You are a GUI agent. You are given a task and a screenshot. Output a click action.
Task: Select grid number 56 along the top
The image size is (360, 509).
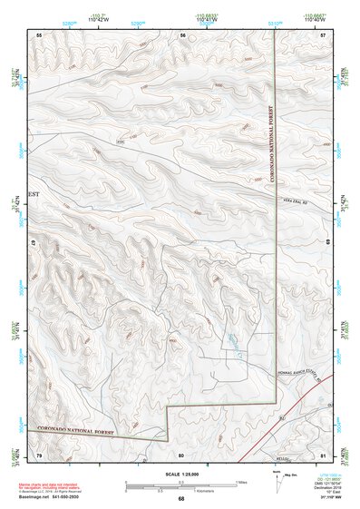tap(182, 34)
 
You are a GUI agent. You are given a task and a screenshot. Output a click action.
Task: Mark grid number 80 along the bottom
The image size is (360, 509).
tap(182, 454)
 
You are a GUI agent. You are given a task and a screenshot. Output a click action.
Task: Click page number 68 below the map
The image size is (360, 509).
tap(181, 498)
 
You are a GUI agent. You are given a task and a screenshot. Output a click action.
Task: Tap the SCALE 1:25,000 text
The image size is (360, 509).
tap(181, 475)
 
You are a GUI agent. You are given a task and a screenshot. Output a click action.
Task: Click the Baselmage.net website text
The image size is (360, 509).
tap(33, 497)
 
